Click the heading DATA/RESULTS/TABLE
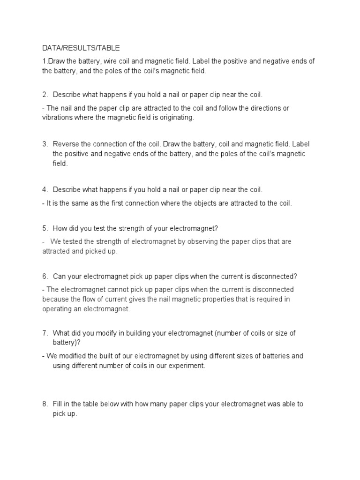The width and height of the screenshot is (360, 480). click(81, 47)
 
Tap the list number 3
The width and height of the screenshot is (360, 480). click(45, 143)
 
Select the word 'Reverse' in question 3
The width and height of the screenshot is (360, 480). click(66, 143)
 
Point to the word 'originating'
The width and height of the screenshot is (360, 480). click(176, 118)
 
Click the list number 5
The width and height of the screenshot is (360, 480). click(45, 228)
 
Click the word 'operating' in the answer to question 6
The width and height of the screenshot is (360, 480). click(57, 309)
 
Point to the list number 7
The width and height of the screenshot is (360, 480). click(45, 333)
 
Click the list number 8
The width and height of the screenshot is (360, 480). click(45, 404)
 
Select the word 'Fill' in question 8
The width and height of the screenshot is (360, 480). click(58, 404)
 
